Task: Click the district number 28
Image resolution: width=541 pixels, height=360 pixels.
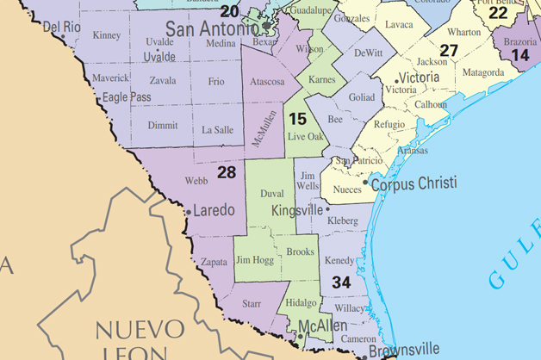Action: click(x=227, y=173)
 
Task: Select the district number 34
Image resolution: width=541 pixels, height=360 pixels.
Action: click(x=341, y=281)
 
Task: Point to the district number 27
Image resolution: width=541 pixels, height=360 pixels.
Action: click(x=449, y=50)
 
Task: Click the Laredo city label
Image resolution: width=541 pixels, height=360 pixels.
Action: click(x=215, y=210)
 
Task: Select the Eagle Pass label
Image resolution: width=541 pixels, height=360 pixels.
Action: click(x=127, y=97)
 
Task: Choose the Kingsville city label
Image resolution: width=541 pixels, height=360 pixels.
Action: click(x=297, y=210)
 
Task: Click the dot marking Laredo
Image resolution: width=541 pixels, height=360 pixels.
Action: click(x=189, y=211)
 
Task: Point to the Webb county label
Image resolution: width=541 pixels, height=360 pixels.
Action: click(x=197, y=181)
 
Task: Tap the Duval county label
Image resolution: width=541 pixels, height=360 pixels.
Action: click(x=271, y=195)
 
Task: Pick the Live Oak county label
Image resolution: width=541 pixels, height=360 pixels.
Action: click(x=305, y=136)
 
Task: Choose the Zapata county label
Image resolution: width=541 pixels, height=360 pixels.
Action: click(x=214, y=261)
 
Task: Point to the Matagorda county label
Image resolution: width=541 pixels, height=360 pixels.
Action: click(x=482, y=73)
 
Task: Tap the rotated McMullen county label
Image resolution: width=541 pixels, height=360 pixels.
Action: click(x=265, y=127)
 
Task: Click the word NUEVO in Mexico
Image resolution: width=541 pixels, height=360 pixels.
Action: click(x=140, y=329)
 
